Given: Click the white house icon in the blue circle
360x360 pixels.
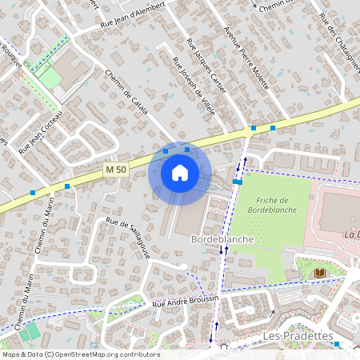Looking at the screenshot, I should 180,173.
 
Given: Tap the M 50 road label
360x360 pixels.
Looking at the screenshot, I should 116,169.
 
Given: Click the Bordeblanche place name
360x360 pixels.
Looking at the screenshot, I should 222,239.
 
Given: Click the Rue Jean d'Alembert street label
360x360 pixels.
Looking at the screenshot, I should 133,15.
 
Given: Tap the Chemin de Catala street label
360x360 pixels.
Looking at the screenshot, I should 126,92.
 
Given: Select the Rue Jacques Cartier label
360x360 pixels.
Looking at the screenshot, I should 206,64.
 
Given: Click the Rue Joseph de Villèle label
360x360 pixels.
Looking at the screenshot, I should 194,87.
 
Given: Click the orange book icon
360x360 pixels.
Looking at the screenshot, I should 320,274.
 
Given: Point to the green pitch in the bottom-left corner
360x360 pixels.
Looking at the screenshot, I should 31,330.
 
